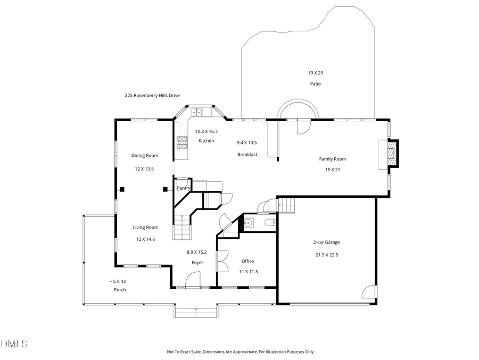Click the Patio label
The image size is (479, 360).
(x=315, y=84)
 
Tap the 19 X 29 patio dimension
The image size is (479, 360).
(x=315, y=73)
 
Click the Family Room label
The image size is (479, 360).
(x=332, y=159)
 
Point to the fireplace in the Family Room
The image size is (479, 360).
(x=391, y=154)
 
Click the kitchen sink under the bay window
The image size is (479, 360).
(x=196, y=112)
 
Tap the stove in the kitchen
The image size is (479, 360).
(x=183, y=142)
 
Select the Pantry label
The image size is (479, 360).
(x=184, y=188)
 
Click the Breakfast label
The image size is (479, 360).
(x=247, y=155)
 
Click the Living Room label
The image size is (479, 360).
(x=145, y=228)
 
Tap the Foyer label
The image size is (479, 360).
(x=197, y=263)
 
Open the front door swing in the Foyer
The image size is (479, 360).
(x=193, y=280)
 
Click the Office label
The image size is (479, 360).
(x=247, y=261)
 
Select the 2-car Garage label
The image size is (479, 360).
(x=326, y=242)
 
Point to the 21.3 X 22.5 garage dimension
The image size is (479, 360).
(x=326, y=255)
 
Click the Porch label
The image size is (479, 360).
(x=120, y=290)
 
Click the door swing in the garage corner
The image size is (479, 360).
(x=369, y=292)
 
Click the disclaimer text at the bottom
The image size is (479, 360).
(x=241, y=351)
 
